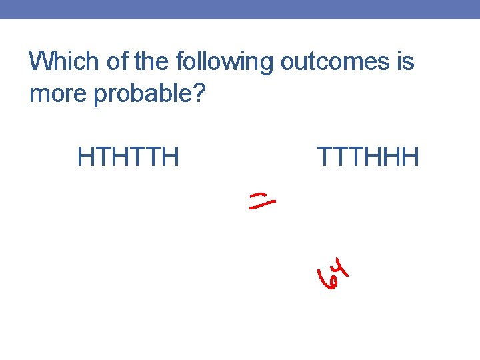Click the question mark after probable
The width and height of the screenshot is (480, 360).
(x=198, y=94)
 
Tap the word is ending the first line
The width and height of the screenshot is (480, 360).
(x=405, y=62)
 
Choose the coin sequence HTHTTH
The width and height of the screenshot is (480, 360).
(x=128, y=157)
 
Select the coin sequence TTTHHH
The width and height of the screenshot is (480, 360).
(x=368, y=157)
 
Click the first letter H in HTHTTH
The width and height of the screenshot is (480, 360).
(x=85, y=157)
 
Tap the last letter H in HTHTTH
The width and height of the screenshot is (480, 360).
(x=171, y=157)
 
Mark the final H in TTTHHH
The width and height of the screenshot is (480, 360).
(x=411, y=157)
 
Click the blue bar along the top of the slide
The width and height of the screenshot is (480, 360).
(x=240, y=9)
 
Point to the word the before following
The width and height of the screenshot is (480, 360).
(x=153, y=62)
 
